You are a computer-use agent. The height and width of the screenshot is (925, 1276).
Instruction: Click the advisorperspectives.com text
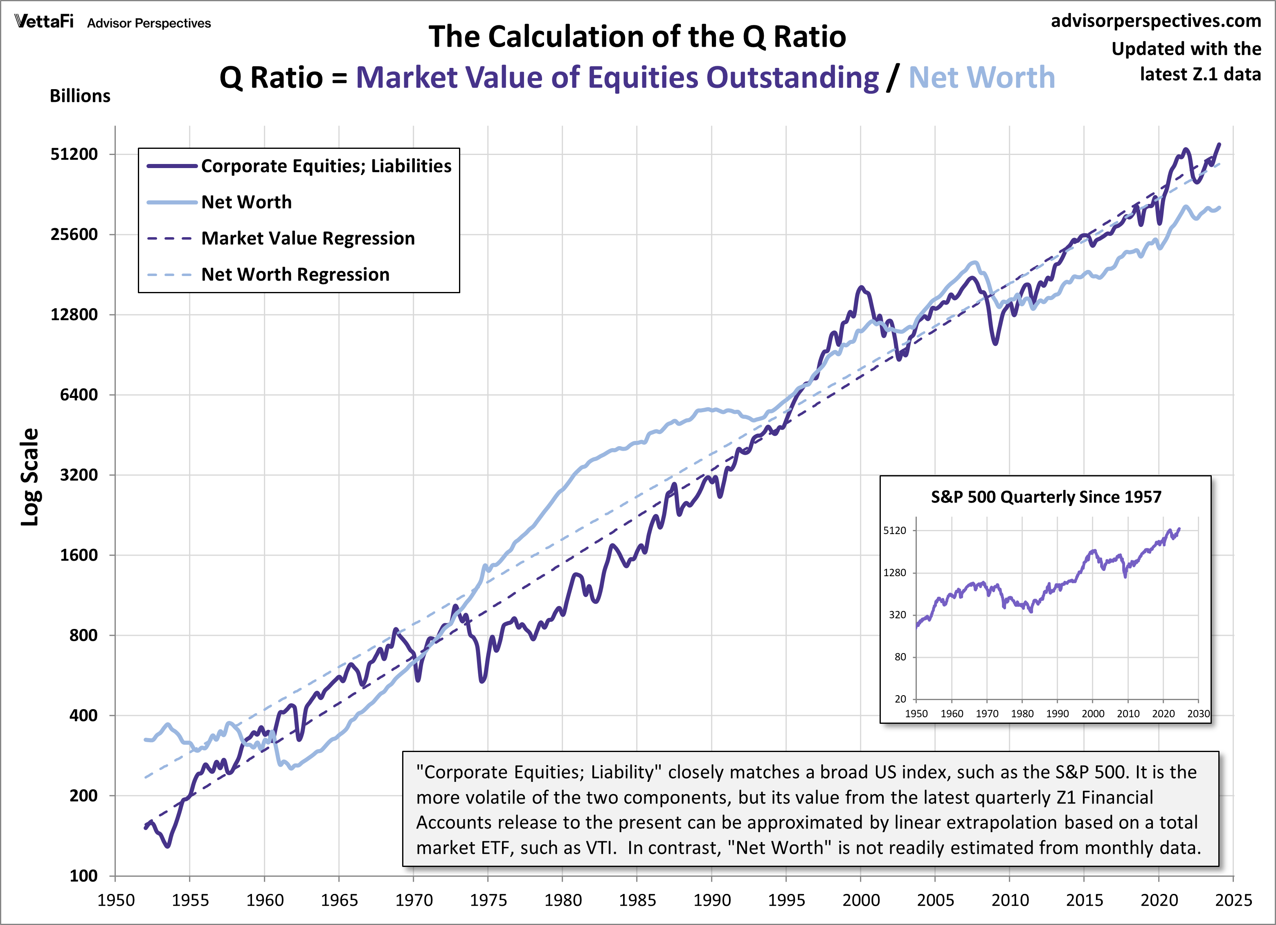click(x=1156, y=21)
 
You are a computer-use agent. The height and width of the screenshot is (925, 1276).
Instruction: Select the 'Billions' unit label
click(x=80, y=96)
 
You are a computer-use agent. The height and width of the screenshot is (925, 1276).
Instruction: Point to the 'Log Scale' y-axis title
click(x=29, y=477)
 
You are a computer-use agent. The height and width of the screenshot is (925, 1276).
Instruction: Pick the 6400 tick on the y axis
click(x=79, y=395)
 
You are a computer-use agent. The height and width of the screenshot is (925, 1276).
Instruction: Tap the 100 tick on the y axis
click(x=83, y=876)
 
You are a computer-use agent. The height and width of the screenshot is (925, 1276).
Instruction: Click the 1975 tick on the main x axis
click(x=488, y=900)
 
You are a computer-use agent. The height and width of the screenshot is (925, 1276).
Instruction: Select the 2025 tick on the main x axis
click(x=1233, y=900)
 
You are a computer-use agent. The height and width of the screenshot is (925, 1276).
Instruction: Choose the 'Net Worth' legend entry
click(x=246, y=202)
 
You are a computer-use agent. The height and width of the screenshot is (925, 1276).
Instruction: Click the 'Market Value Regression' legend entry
click(x=308, y=238)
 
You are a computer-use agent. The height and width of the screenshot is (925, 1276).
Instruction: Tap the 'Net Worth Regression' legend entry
click(x=295, y=274)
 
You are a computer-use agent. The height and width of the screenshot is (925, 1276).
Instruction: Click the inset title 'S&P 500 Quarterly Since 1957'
click(x=1045, y=497)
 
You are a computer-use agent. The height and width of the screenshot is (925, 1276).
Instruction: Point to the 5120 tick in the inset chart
click(x=895, y=530)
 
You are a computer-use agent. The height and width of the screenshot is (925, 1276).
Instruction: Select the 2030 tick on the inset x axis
click(x=1198, y=714)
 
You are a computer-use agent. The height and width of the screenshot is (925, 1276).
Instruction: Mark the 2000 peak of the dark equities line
click(x=861, y=287)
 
